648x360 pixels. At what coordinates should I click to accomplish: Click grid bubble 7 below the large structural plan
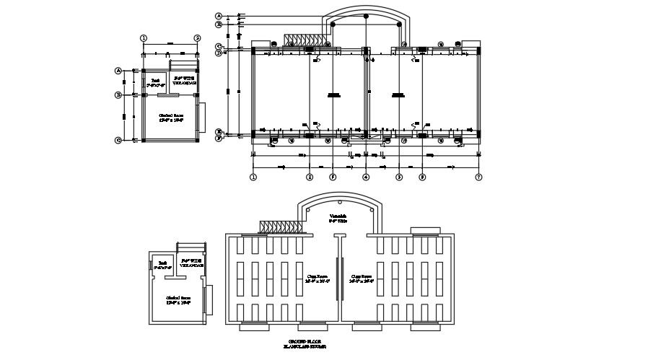(478, 177)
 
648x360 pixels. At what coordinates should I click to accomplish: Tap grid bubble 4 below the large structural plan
(366, 177)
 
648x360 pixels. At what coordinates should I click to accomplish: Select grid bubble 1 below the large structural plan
(253, 177)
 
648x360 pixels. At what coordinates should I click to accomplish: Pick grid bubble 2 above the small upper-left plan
(197, 38)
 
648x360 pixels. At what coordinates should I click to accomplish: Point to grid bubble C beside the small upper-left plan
(118, 140)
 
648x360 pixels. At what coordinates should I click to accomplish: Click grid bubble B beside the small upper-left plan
(118, 95)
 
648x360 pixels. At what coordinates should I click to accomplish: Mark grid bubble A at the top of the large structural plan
(219, 15)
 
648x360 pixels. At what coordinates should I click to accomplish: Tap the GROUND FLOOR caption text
(303, 341)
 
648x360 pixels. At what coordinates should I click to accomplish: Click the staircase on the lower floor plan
(277, 227)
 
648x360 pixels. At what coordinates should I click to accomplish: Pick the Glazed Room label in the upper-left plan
(170, 117)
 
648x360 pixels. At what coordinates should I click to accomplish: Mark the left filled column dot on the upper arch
(333, 25)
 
